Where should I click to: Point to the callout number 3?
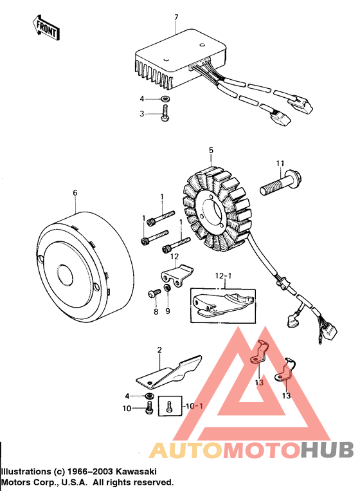(x=143, y=113)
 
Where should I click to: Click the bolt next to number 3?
(x=165, y=115)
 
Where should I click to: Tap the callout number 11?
(x=280, y=162)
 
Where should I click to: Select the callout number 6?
(x=75, y=192)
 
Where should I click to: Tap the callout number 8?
(x=155, y=311)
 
